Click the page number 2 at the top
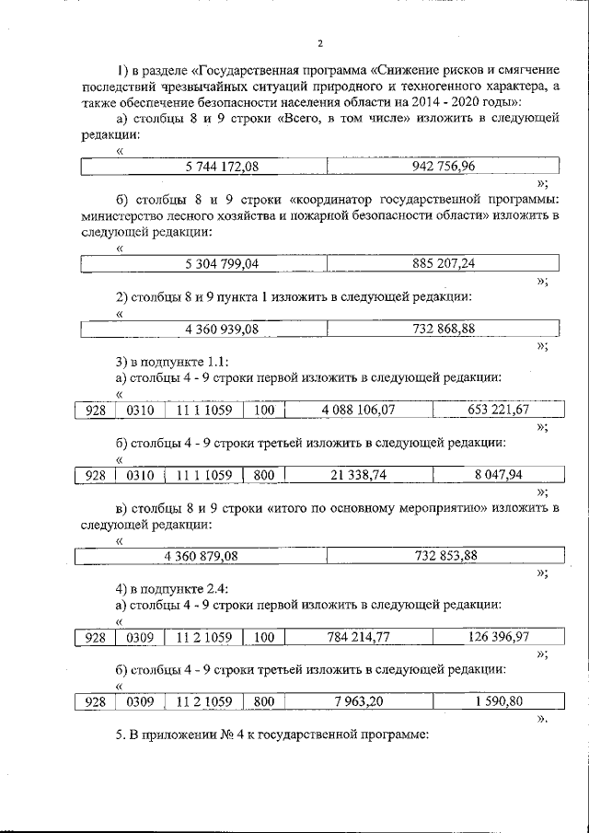(319, 43)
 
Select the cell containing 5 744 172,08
(221, 167)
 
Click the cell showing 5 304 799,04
(221, 264)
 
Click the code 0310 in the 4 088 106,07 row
(139, 410)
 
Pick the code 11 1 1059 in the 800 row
(202, 475)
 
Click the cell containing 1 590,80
(499, 701)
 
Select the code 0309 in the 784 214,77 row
(139, 637)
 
